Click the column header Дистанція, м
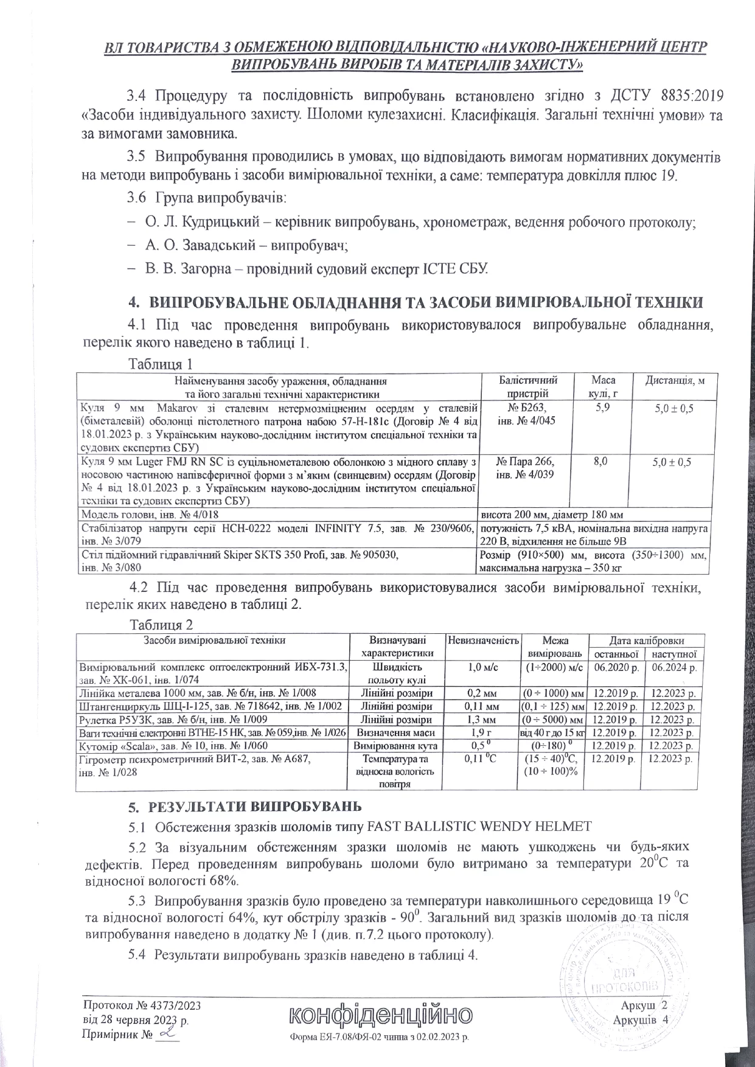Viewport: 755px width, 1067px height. (x=675, y=380)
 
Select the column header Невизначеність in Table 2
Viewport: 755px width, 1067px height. (x=482, y=640)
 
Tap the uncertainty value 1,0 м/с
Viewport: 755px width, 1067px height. (x=482, y=667)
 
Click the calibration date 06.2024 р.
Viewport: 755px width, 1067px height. (x=673, y=667)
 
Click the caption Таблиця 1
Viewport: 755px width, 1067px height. (x=161, y=364)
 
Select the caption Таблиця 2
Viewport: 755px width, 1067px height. (x=162, y=625)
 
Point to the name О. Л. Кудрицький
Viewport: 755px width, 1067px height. (x=203, y=223)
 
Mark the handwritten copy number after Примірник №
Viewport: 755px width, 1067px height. (x=167, y=1033)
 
